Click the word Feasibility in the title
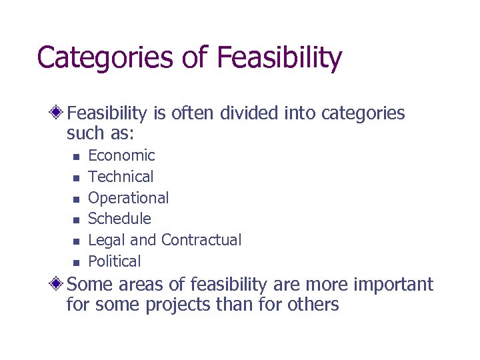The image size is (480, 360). click(x=279, y=58)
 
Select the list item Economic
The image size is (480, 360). click(x=121, y=156)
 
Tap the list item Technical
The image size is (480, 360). click(x=121, y=177)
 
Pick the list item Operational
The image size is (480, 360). click(x=129, y=198)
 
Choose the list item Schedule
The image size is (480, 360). click(x=120, y=219)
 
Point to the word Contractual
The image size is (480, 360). click(x=201, y=240)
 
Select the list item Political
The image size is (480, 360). click(x=115, y=261)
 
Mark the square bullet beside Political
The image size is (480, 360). click(x=76, y=262)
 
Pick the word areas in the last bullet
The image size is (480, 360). click(x=143, y=285)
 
